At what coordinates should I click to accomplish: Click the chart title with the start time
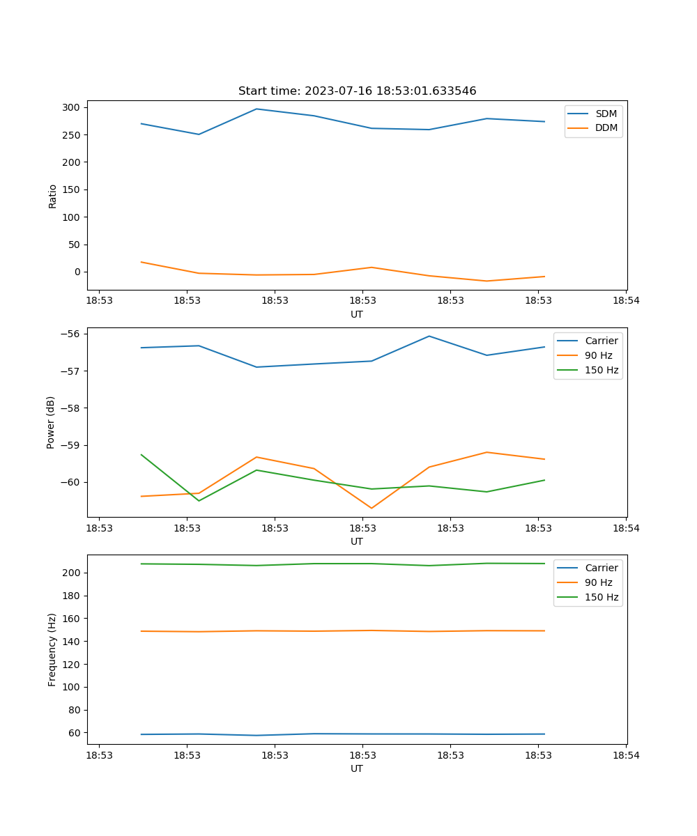click(x=357, y=91)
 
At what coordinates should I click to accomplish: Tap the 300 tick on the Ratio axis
click(x=71, y=107)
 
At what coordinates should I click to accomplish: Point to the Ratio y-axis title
click(x=53, y=196)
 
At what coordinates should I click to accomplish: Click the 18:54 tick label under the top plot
click(x=625, y=301)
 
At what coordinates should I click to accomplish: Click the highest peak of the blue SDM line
click(x=256, y=109)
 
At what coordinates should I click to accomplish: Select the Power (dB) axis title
click(x=51, y=423)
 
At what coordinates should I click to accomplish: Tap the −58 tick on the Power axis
click(x=70, y=408)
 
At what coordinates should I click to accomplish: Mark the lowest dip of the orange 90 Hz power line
click(x=372, y=508)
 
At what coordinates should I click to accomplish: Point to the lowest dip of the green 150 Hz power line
click(x=199, y=501)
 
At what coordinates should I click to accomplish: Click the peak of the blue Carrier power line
click(x=429, y=336)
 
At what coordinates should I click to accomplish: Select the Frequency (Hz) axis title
click(x=52, y=650)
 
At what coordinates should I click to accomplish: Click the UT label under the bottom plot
click(x=357, y=768)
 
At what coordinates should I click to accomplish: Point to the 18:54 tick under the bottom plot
click(x=625, y=755)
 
